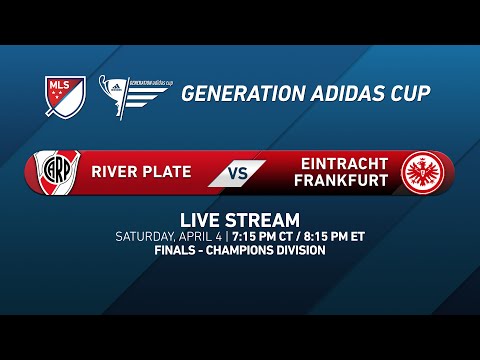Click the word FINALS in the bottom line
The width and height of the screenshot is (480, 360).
(177, 251)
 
